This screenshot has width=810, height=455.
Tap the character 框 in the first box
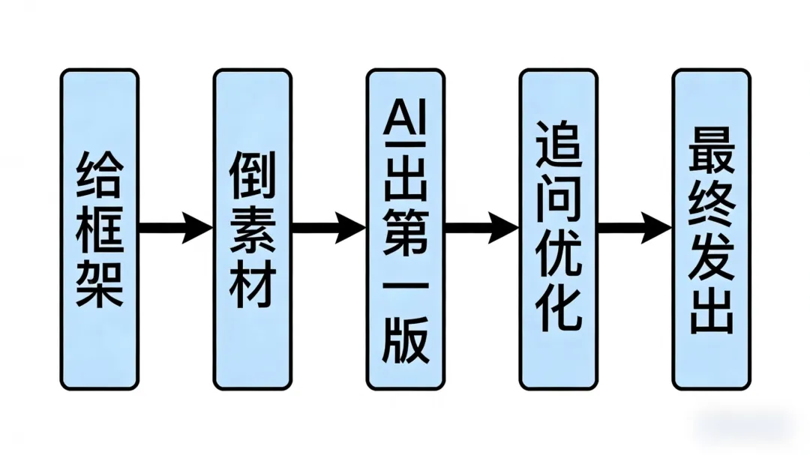point(100,230)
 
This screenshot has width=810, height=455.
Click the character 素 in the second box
point(253,230)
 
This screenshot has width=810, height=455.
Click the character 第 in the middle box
point(406,232)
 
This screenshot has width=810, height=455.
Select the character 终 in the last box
point(711,202)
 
